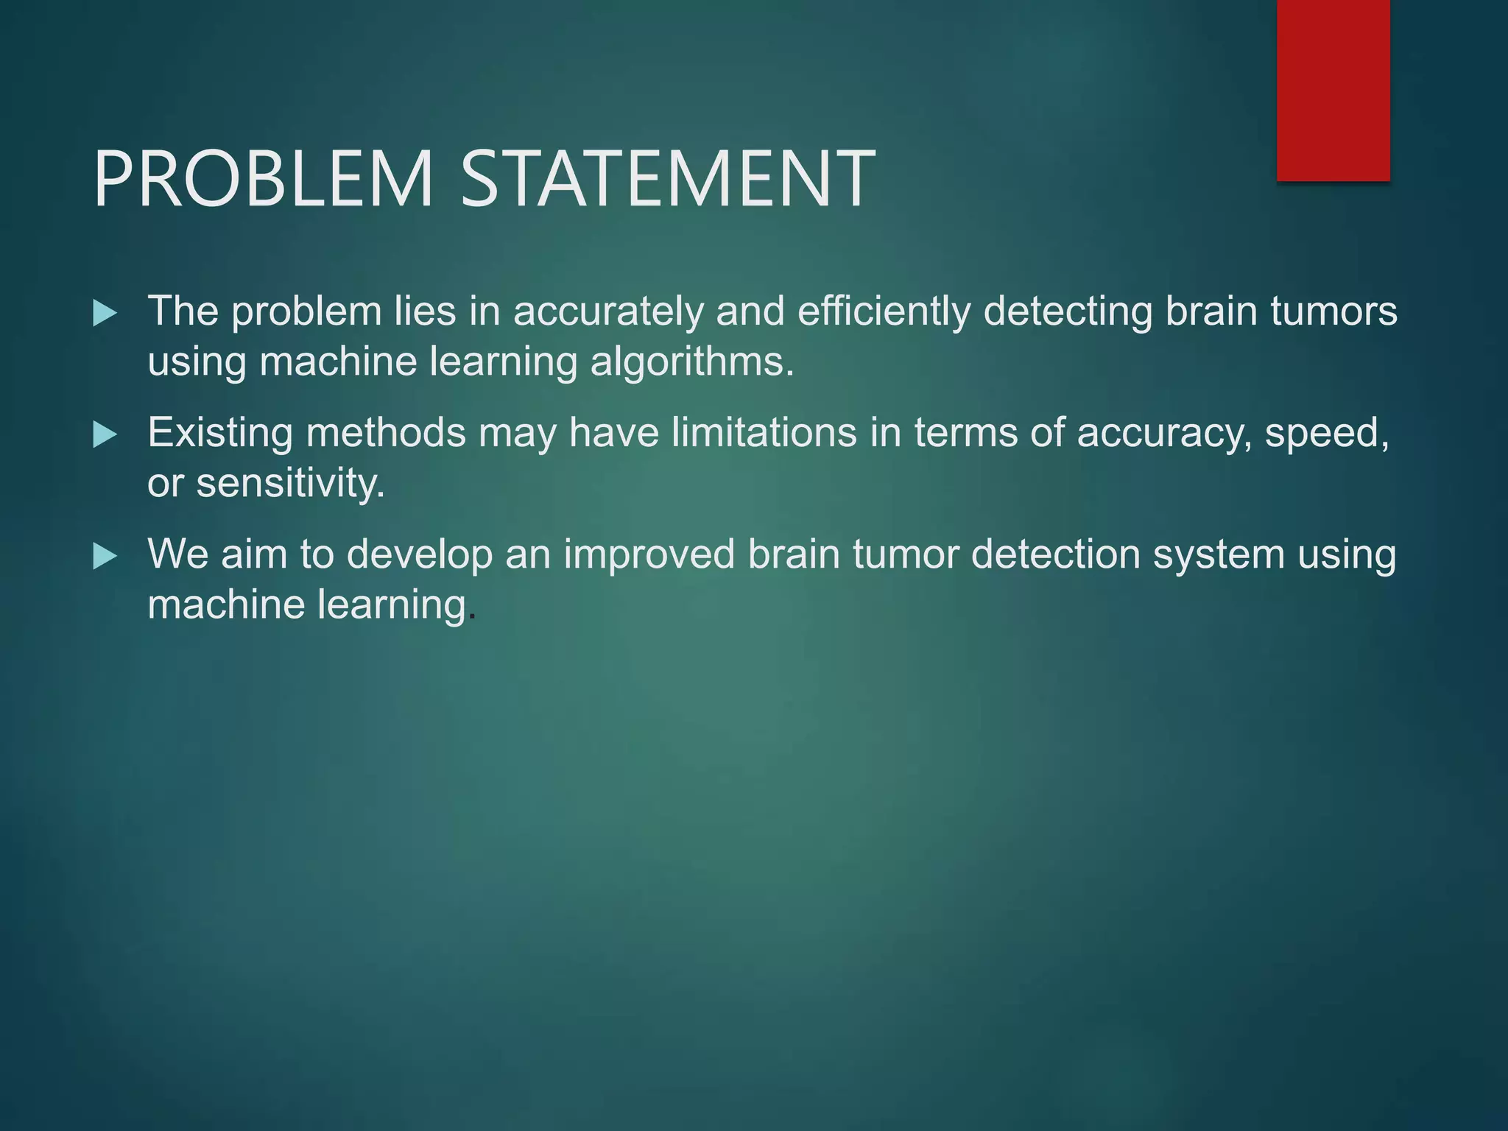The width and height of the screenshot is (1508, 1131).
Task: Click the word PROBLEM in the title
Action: tap(263, 179)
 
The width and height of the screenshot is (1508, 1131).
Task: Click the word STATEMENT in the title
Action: tap(668, 179)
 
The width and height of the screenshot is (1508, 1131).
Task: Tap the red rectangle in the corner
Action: tap(1333, 90)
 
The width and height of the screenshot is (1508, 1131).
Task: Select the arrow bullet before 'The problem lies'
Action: tap(105, 314)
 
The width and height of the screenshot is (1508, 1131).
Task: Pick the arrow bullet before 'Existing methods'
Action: tap(105, 435)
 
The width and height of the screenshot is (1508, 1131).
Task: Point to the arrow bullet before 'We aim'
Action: tap(105, 557)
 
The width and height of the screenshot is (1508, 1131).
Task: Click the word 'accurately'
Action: tap(608, 311)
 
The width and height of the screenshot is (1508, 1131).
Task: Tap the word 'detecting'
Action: tap(1068, 311)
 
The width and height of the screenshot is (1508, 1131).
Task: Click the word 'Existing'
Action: tap(220, 432)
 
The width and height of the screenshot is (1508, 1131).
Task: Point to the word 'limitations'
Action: tap(764, 432)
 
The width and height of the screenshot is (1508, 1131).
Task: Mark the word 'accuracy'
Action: tap(1163, 434)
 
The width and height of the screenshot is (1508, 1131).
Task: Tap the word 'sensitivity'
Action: tap(289, 484)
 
